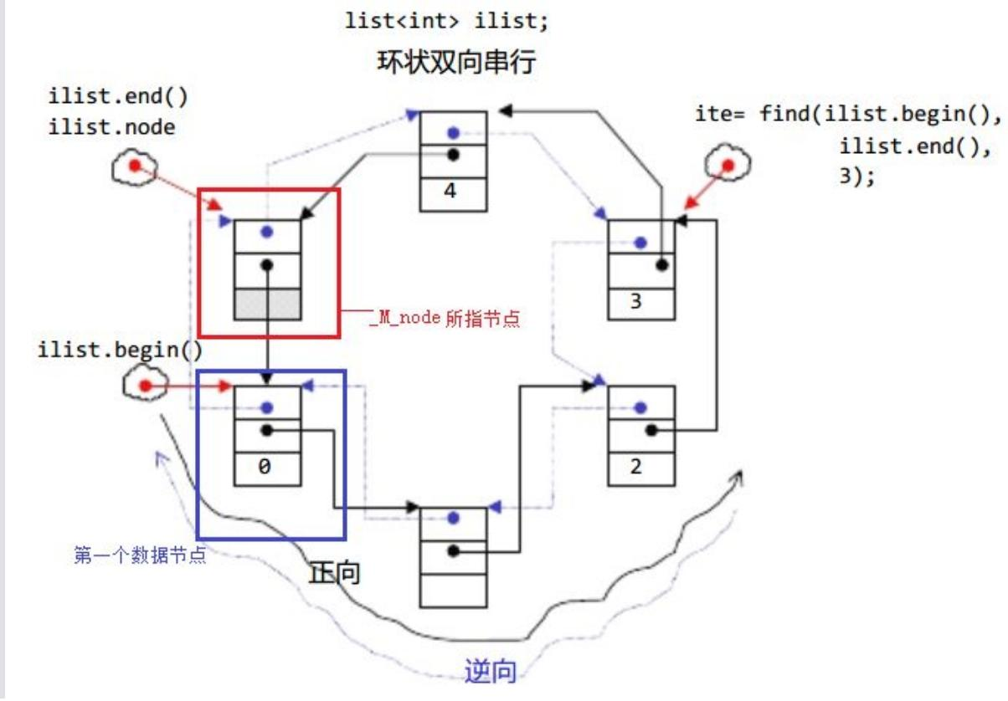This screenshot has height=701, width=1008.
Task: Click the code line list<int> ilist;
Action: pyautogui.click(x=446, y=21)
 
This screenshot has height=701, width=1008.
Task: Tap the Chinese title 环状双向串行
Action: pyautogui.click(x=456, y=62)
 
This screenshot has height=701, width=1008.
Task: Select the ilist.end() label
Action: pyautogui.click(x=118, y=97)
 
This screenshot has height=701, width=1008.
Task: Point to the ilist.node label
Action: pyautogui.click(x=111, y=127)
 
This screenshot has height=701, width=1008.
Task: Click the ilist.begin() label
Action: pyautogui.click(x=120, y=350)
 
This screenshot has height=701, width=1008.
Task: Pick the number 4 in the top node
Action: pyautogui.click(x=450, y=191)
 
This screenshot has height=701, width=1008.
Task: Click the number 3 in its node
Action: pyautogui.click(x=635, y=301)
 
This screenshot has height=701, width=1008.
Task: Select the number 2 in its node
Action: pyautogui.click(x=635, y=466)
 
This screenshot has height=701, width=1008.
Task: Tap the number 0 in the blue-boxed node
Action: pyautogui.click(x=265, y=466)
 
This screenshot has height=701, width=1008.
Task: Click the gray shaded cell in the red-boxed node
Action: pyautogui.click(x=268, y=304)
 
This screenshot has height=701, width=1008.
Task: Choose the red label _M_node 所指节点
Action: pyautogui.click(x=445, y=319)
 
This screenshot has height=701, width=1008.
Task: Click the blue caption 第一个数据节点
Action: pyautogui.click(x=140, y=555)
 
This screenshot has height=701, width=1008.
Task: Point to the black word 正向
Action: pyautogui.click(x=334, y=573)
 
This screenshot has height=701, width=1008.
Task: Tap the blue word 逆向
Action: pyautogui.click(x=490, y=672)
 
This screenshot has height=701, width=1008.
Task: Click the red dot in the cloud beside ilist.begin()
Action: pyautogui.click(x=145, y=386)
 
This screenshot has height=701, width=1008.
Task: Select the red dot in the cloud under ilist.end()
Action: pyautogui.click(x=135, y=166)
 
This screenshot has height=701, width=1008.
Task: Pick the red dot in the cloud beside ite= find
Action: pyautogui.click(x=728, y=166)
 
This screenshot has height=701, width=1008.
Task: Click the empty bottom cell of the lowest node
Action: pyautogui.click(x=453, y=591)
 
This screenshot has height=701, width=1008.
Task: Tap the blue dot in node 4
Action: pyautogui.click(x=453, y=133)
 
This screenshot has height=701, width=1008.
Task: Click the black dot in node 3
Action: pyautogui.click(x=661, y=265)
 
